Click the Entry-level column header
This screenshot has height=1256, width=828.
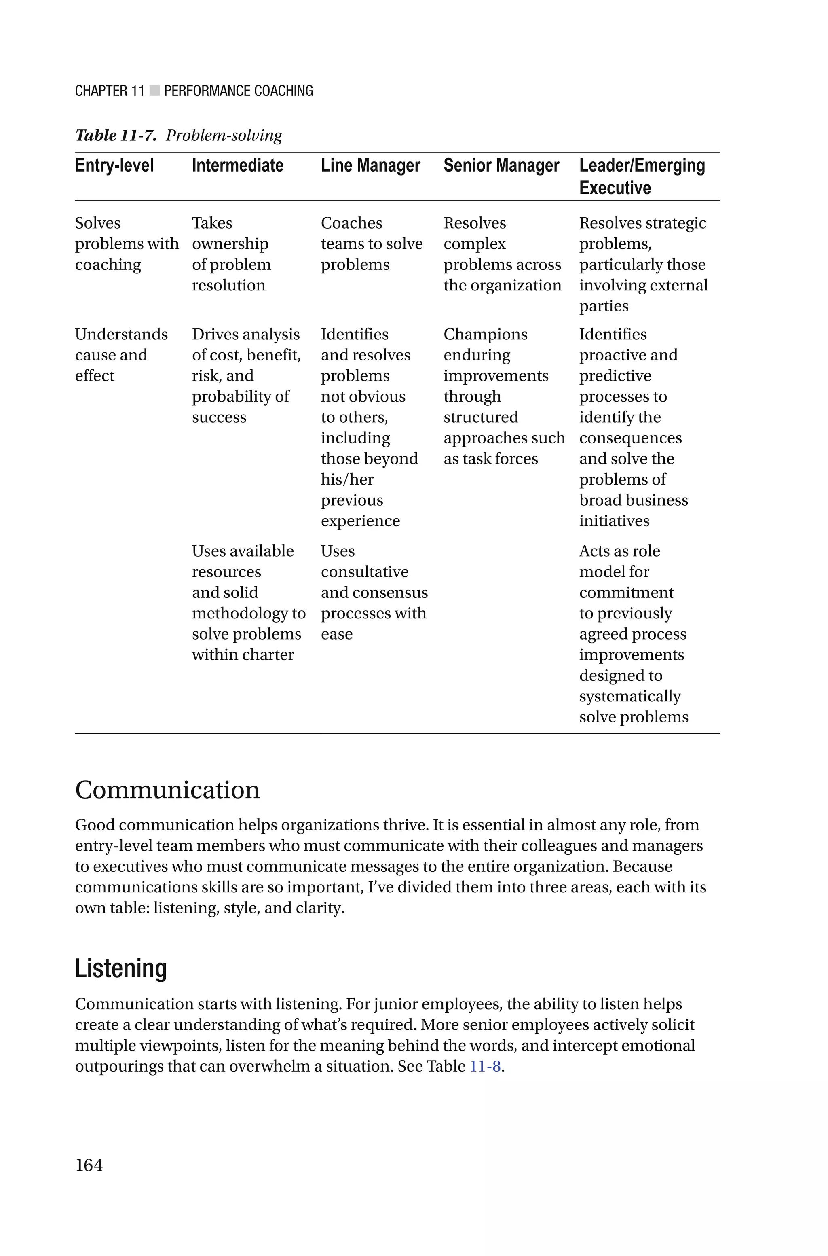point(114,165)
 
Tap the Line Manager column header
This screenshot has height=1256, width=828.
point(370,165)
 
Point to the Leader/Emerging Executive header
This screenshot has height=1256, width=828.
point(642,176)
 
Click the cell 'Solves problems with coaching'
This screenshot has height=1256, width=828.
point(126,244)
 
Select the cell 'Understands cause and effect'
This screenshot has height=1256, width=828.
point(121,354)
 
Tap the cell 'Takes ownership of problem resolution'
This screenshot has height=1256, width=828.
point(231,254)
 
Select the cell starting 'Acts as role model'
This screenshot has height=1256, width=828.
point(633,633)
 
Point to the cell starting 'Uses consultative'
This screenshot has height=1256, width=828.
point(374,592)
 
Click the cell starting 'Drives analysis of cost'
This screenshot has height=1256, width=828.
point(246,375)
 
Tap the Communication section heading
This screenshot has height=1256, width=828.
point(167,790)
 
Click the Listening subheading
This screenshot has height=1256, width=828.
point(121,969)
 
